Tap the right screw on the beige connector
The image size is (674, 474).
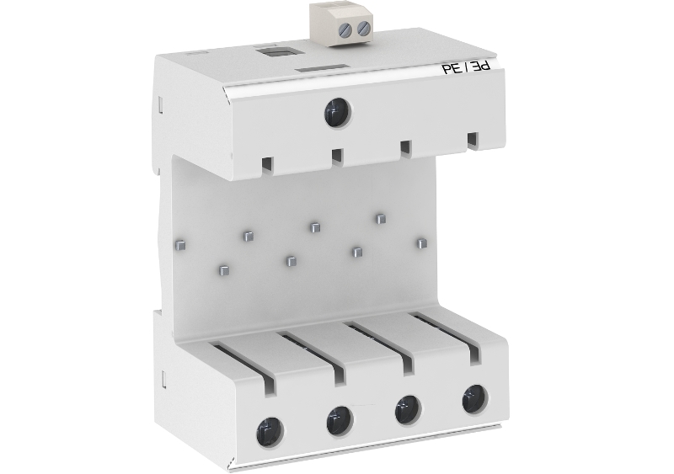(364, 28)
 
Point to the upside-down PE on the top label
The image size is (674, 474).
(481, 67)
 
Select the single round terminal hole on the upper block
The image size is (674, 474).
(338, 113)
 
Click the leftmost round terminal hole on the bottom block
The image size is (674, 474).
(270, 432)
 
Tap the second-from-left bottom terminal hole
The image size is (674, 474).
(340, 421)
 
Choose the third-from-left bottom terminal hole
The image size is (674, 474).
(408, 409)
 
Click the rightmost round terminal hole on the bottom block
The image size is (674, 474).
(475, 399)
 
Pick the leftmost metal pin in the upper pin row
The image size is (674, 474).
(180, 245)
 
